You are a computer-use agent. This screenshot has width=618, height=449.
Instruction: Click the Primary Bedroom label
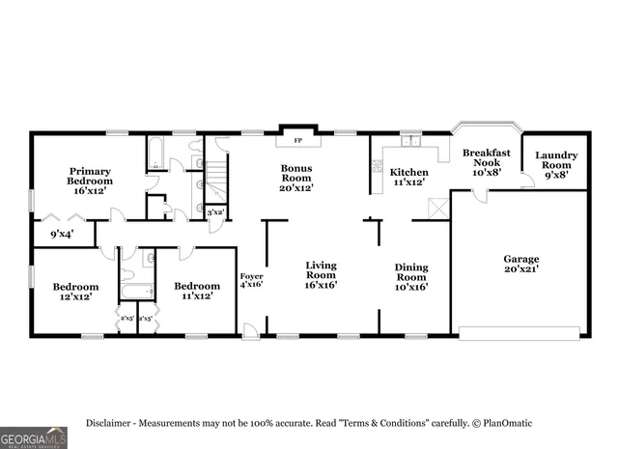tap(89, 181)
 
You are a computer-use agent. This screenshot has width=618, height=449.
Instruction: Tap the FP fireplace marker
tap(297, 141)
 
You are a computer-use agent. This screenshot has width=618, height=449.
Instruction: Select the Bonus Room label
tap(296, 178)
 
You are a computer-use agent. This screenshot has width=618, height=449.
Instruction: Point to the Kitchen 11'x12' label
tap(408, 176)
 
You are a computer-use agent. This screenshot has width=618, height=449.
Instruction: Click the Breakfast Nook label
tap(486, 162)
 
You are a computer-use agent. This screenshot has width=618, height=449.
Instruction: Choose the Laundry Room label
tap(556, 164)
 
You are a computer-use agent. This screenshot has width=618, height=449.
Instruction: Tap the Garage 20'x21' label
tap(520, 265)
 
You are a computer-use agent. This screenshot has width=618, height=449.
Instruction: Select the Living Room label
tap(321, 274)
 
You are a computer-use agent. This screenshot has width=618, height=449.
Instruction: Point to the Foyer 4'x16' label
tap(251, 281)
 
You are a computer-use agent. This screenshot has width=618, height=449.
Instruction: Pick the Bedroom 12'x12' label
tap(75, 292)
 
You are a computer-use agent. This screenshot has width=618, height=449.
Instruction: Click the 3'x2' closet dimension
tap(216, 211)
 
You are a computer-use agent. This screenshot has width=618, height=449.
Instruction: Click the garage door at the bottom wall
tap(519, 333)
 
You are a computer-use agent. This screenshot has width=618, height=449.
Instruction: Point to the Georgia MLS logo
tap(34, 437)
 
